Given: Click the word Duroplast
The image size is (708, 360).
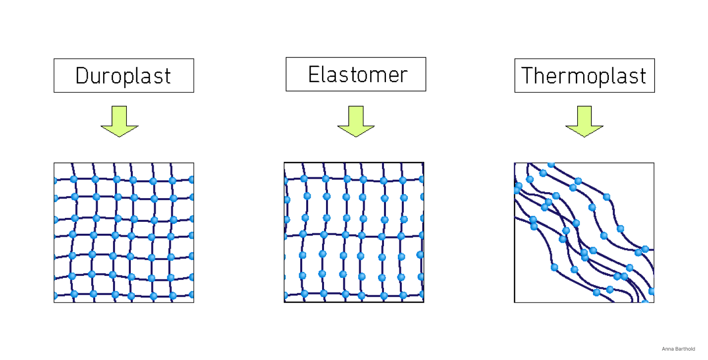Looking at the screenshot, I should pyautogui.click(x=123, y=76).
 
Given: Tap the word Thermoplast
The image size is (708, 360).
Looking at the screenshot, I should pyautogui.click(x=584, y=76).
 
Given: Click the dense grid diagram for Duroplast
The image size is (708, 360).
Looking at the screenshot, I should pyautogui.click(x=124, y=232).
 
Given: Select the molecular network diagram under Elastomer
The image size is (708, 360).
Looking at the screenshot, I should pyautogui.click(x=354, y=232).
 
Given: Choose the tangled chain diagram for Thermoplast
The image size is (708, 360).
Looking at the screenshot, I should pyautogui.click(x=584, y=232).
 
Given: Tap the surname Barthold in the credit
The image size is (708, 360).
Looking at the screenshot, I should pyautogui.click(x=685, y=349).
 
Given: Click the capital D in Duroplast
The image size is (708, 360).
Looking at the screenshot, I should pyautogui.click(x=81, y=76).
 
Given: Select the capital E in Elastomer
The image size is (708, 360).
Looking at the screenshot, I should pyautogui.click(x=314, y=74).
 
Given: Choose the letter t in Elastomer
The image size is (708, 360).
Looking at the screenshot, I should pyautogui.click(x=354, y=74).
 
